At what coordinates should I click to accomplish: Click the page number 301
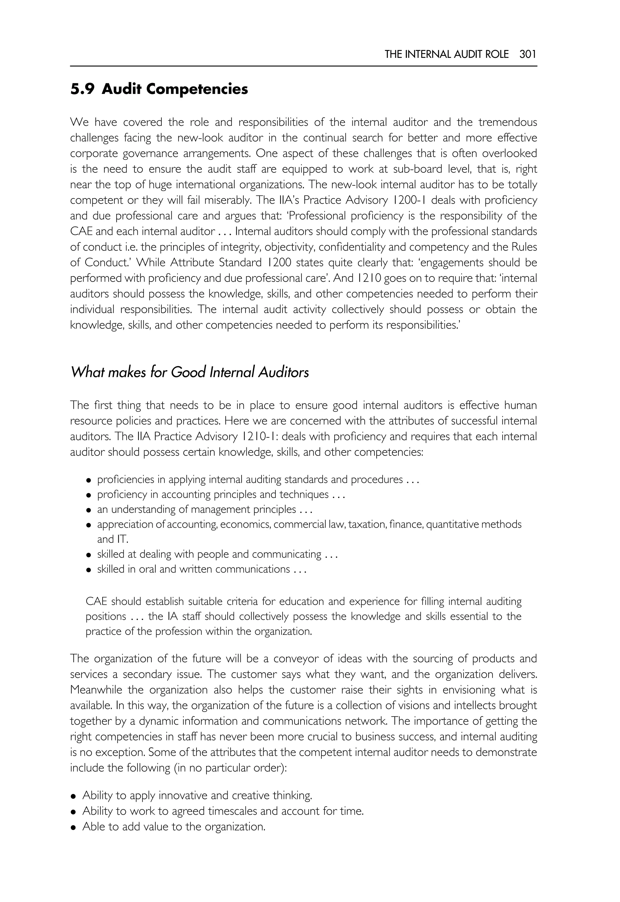pos(528,55)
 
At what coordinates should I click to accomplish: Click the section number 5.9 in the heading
pos(82,89)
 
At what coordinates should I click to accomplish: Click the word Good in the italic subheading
pos(188,372)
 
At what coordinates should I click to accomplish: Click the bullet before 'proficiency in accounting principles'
pos(89,496)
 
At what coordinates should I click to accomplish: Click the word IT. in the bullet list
pos(122,540)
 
